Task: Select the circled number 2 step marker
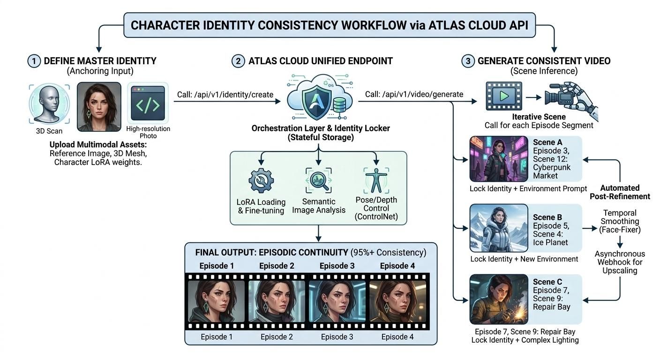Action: click(238, 61)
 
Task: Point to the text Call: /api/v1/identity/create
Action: click(225, 95)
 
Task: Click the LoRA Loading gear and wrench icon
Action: click(261, 181)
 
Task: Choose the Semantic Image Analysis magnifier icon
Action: click(319, 181)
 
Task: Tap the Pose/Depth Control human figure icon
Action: click(376, 181)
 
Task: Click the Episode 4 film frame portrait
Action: click(397, 302)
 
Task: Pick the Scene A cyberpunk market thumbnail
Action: click(498, 159)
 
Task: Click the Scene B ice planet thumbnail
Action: click(498, 228)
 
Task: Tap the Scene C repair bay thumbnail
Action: click(498, 300)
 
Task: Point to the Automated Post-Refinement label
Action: click(620, 192)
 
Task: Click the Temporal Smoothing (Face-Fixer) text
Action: click(620, 221)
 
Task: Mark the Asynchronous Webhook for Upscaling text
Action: click(620, 262)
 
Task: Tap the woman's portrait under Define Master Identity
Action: click(99, 107)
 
